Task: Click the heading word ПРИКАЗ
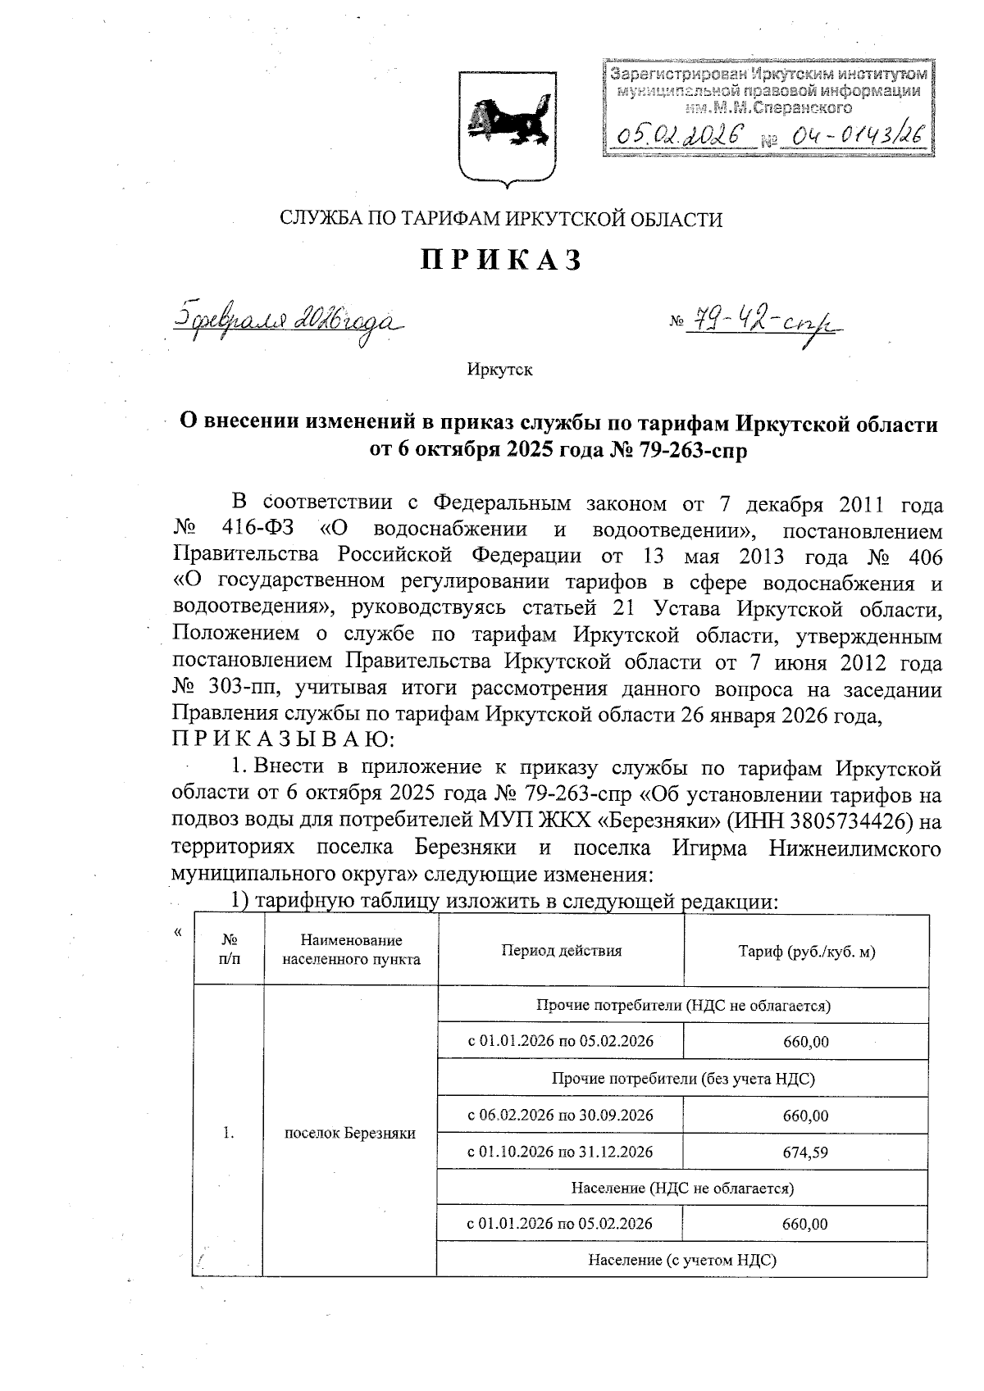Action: [x=502, y=260]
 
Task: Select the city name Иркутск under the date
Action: [x=499, y=370]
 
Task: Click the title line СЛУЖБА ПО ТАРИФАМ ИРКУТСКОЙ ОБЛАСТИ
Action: [x=501, y=219]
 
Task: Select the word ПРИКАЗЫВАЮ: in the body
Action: [x=284, y=740]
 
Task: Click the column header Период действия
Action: [x=561, y=951]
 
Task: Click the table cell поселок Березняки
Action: [x=349, y=1134]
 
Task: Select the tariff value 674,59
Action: [x=805, y=1152]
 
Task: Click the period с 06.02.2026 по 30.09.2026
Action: [x=560, y=1116]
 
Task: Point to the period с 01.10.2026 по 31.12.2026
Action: [x=560, y=1152]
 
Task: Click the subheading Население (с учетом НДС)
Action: [x=682, y=1260]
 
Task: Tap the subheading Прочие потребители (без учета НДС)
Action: [x=683, y=1079]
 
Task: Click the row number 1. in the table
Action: [x=229, y=1134]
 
